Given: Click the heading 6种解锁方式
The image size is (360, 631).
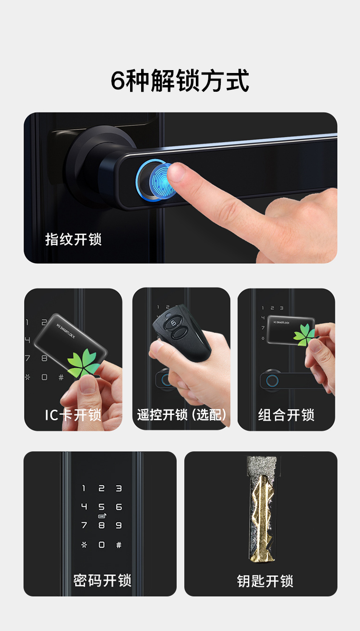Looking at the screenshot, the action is coord(180,81).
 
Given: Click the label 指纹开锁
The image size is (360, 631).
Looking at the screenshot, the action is coord(73,240).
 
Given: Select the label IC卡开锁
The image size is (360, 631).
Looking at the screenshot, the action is coord(73,415).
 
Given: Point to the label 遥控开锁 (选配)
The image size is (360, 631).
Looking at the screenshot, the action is coord(182,414).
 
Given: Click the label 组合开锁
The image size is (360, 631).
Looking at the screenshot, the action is coord(286,415).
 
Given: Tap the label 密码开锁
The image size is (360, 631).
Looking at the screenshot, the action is coord(102,581).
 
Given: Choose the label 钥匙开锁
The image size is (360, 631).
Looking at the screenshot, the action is coord(265,581).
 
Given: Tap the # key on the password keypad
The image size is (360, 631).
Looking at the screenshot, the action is coord(119,545).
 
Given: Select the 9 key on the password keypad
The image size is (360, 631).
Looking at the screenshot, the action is coord(119,525).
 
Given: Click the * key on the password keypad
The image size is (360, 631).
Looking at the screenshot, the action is coord(84,545).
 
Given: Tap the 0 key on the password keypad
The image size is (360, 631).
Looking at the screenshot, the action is coord(102,545).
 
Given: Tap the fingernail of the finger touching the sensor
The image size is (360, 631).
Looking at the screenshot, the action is coord(176,172).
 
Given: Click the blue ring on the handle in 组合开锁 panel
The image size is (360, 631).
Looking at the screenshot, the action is coord(272,381).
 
